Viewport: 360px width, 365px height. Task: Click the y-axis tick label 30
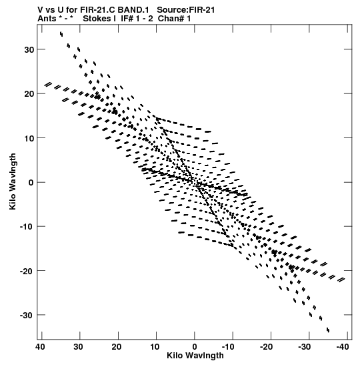(29, 49)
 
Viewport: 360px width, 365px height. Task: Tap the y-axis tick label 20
(29, 94)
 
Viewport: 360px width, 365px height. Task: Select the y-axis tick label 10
(29, 138)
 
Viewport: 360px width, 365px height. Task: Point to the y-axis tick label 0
(31, 182)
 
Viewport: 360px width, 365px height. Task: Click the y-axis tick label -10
(27, 226)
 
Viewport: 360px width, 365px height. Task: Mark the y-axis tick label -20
(27, 271)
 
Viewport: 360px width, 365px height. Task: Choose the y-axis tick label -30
(27, 315)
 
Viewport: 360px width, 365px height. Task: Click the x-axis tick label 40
(40, 347)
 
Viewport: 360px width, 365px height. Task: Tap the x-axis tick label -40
(343, 347)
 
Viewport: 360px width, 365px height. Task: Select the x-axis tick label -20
(266, 347)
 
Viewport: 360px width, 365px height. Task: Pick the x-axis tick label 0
(195, 347)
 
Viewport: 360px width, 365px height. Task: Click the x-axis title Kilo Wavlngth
(195, 356)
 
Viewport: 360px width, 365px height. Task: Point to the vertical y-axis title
(13, 181)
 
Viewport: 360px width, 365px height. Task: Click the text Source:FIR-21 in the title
(186, 10)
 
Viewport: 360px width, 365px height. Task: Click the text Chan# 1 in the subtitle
(174, 19)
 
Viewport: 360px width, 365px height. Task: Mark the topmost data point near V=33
(61, 34)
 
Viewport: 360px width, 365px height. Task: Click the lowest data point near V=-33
(328, 330)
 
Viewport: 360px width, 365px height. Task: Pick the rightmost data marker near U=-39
(341, 280)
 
